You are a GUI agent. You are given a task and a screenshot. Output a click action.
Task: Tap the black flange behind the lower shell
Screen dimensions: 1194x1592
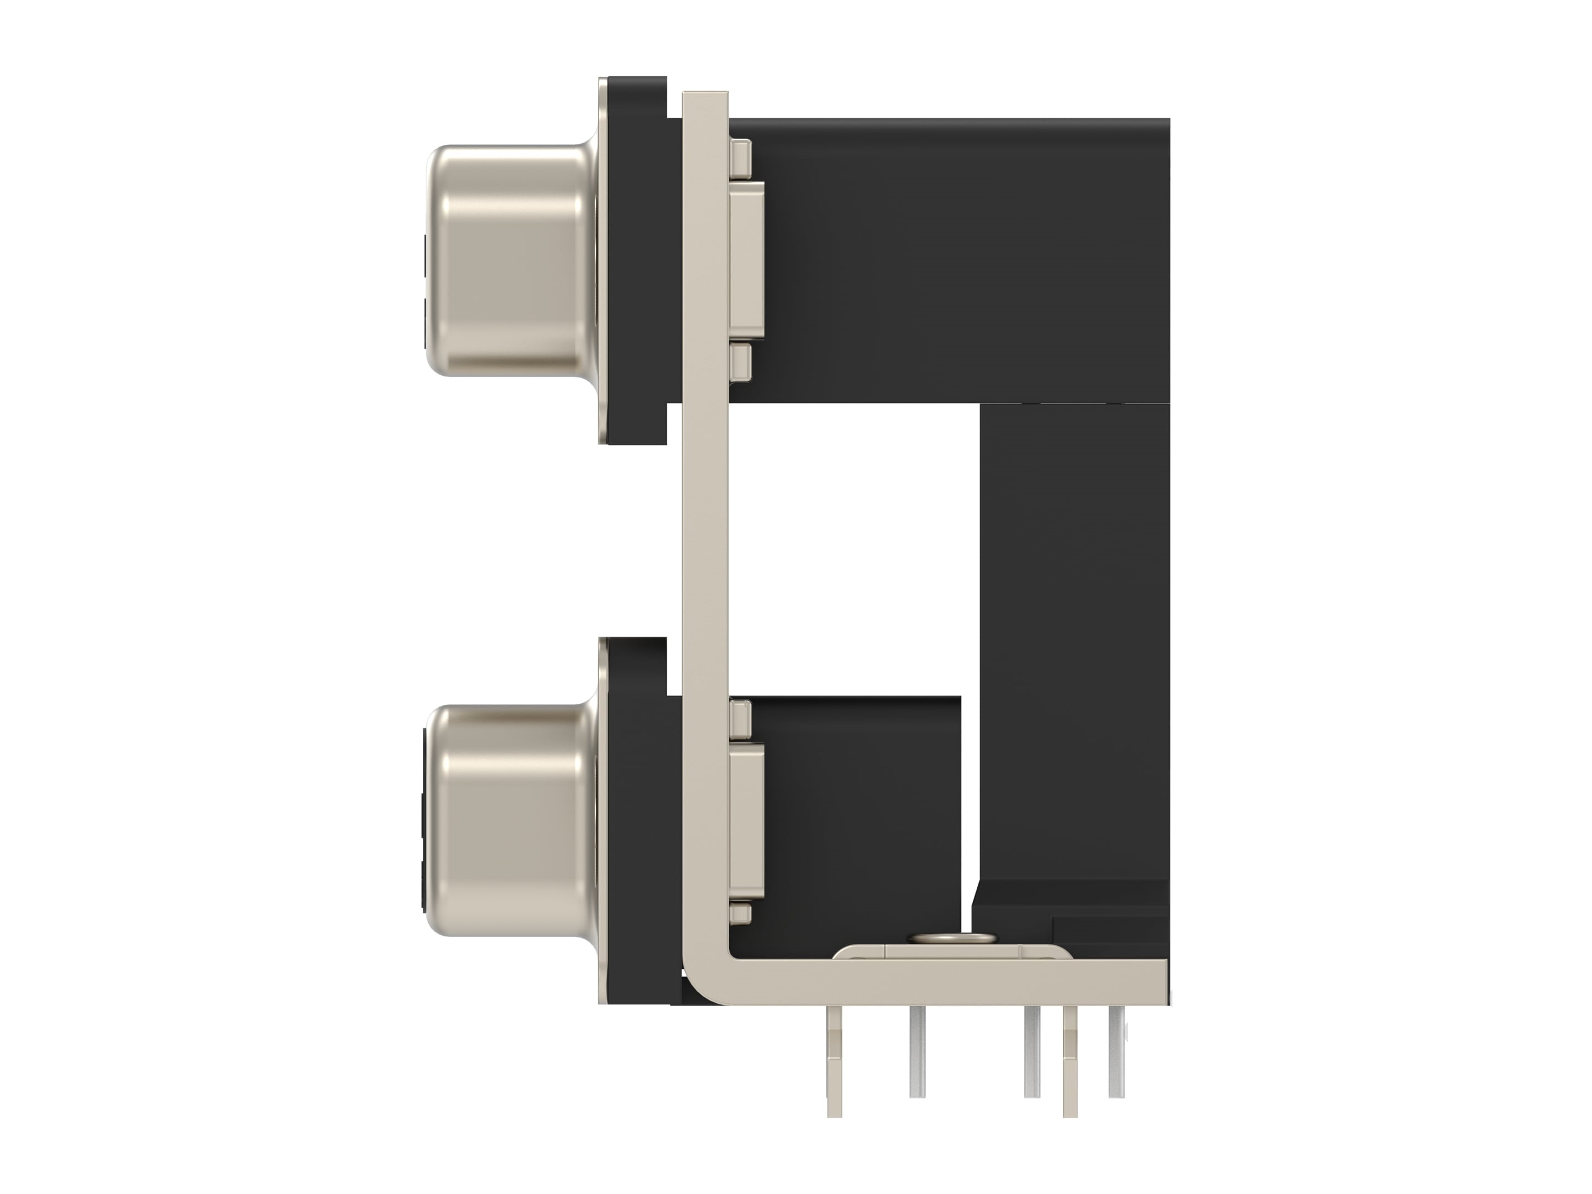(x=637, y=820)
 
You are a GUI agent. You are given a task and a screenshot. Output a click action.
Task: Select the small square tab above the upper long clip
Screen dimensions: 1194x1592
(x=741, y=158)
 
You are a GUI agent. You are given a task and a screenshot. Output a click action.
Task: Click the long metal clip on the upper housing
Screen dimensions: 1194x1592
(x=746, y=259)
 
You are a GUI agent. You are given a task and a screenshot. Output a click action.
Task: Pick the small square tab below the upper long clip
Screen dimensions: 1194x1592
(x=741, y=362)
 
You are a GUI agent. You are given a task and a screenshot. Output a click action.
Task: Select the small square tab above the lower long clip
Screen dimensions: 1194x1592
(x=741, y=718)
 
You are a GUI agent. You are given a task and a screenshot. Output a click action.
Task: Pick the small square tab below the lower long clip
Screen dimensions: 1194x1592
(x=741, y=915)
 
